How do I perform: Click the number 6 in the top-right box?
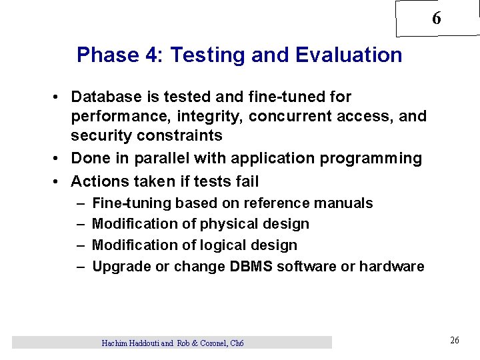[436, 19]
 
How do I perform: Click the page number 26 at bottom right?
[455, 341]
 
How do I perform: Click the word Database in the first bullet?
[104, 97]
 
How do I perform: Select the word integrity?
[212, 117]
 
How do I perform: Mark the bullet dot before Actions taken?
[59, 181]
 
